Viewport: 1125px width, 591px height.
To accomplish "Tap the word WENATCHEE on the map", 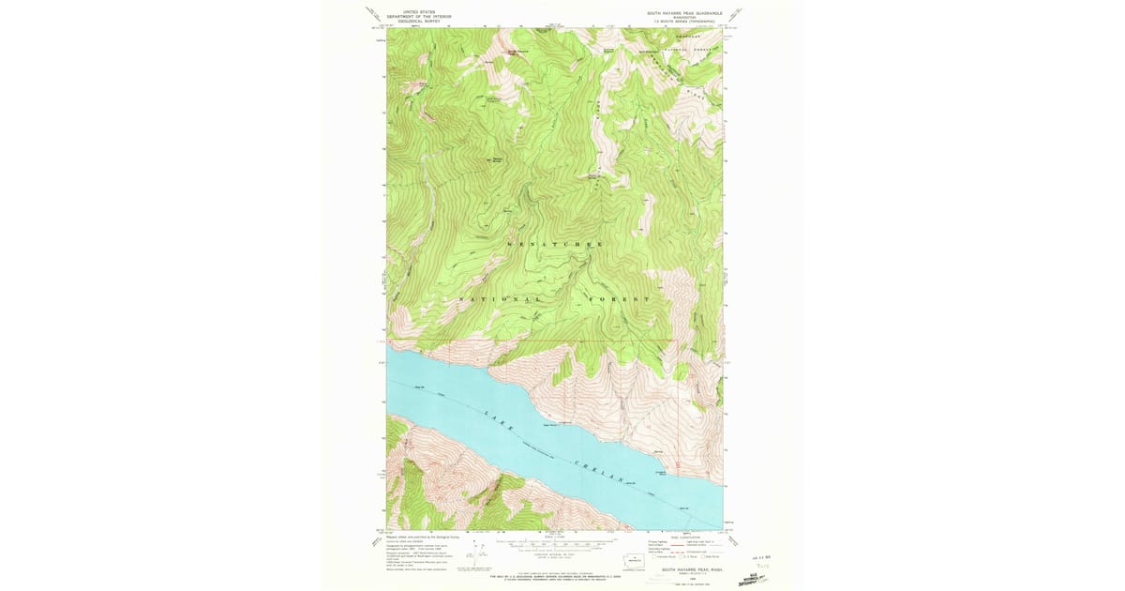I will [x=555, y=244].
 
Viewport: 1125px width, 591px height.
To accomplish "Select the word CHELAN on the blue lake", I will [x=602, y=470].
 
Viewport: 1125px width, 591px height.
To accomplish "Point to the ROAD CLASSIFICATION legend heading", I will [x=684, y=538].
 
